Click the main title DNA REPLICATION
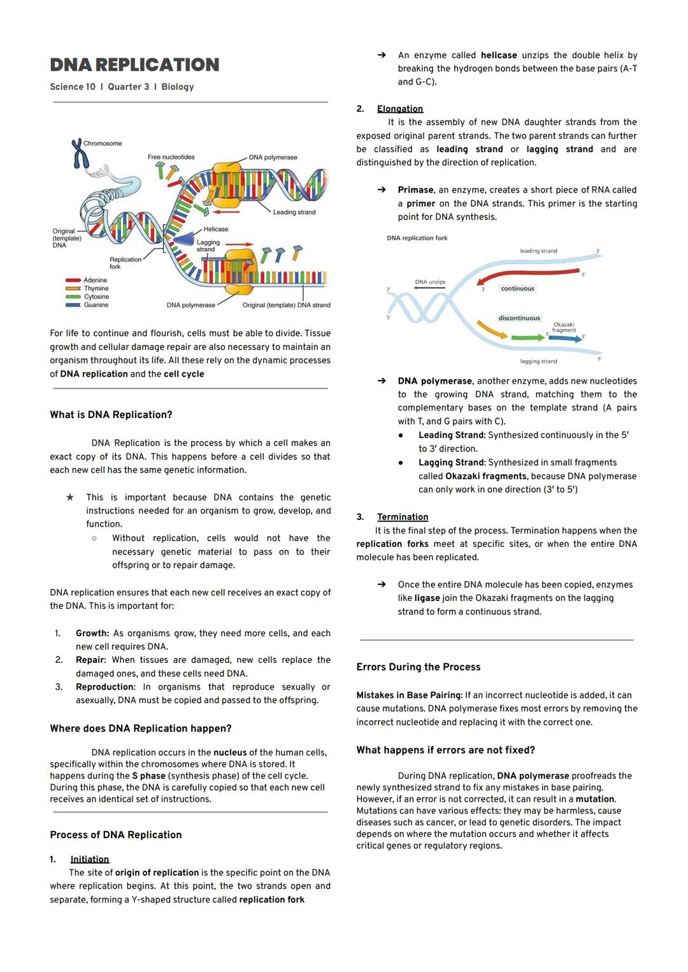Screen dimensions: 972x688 [134, 65]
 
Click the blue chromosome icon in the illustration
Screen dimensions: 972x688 [78, 154]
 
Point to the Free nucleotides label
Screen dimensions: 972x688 [171, 157]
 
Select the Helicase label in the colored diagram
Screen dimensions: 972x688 [215, 229]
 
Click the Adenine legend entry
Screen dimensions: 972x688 [95, 280]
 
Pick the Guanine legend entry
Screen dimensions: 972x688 [96, 305]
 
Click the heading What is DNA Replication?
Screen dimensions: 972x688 [111, 415]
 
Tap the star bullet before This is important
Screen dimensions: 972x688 [70, 497]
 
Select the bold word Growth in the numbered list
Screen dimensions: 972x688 [92, 633]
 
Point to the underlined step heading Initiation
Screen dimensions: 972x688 [90, 859]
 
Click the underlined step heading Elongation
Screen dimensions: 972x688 [400, 109]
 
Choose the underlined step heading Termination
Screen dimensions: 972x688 [403, 517]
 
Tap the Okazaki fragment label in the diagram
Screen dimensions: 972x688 [564, 327]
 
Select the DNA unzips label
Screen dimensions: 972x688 [430, 282]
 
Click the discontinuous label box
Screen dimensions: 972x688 [519, 318]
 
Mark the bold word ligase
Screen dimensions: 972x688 [427, 598]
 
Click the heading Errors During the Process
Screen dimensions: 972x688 [418, 667]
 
